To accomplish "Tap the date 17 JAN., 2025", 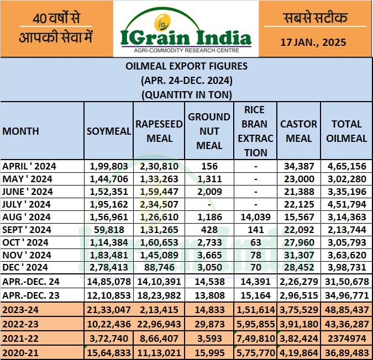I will [314, 42].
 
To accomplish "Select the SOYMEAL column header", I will [109, 131].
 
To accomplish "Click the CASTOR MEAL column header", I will [299, 131].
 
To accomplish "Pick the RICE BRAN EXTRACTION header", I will [255, 131].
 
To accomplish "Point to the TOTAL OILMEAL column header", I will [346, 131].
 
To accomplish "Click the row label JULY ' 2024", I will [28, 204].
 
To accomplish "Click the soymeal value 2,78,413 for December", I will [109, 268].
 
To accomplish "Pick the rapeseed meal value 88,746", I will [159, 268].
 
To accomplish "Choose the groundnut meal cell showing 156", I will [209, 166].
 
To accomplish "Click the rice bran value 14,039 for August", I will [255, 217].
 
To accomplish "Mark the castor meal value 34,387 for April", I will [299, 166].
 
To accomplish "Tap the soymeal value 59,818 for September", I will [109, 230].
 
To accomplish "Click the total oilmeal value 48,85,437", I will [346, 309].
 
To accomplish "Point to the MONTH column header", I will [21, 131].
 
